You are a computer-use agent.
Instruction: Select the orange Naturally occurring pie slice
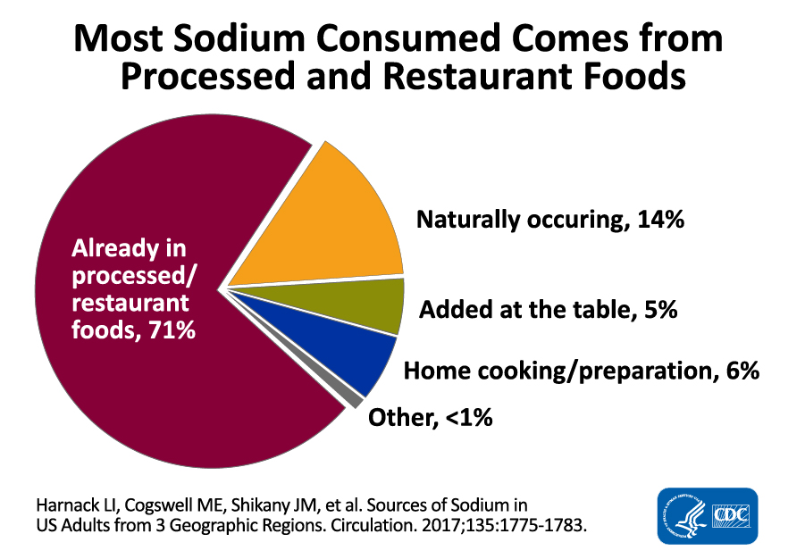[x=322, y=223]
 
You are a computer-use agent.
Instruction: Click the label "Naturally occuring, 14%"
[x=549, y=220]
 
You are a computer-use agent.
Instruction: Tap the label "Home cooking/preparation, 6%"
[x=581, y=371]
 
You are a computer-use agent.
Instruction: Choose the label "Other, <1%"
[x=432, y=416]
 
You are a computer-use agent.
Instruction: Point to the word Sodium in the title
[x=257, y=40]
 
